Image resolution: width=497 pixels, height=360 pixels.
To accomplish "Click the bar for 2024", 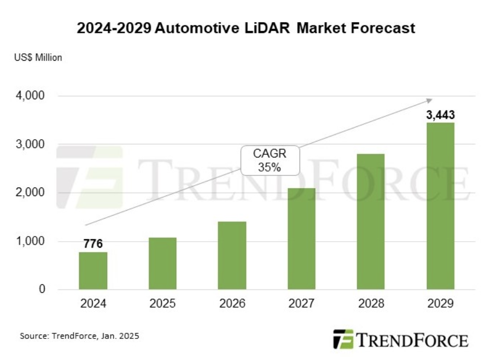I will [93, 271].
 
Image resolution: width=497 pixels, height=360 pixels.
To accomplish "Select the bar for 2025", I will [162, 263].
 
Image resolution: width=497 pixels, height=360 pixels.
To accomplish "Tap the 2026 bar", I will [232, 255].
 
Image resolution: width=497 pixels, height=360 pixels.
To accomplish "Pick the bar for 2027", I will [301, 239].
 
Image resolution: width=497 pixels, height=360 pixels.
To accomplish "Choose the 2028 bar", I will [371, 222].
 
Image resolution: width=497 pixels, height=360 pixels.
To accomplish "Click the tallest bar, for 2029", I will [440, 206].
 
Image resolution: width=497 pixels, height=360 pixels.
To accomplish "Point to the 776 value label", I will [93, 244].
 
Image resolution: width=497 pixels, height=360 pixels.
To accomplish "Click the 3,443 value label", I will [440, 115].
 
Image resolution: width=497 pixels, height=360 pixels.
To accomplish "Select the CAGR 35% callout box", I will [270, 160].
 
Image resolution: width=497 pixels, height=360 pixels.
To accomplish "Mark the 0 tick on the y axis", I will [42, 290].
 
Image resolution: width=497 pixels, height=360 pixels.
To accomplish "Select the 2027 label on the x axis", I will [301, 304].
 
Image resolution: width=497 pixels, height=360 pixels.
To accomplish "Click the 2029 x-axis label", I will [440, 304].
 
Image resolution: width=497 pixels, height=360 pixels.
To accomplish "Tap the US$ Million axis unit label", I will [38, 58].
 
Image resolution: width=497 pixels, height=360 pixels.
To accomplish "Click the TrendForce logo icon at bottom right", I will [343, 339].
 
